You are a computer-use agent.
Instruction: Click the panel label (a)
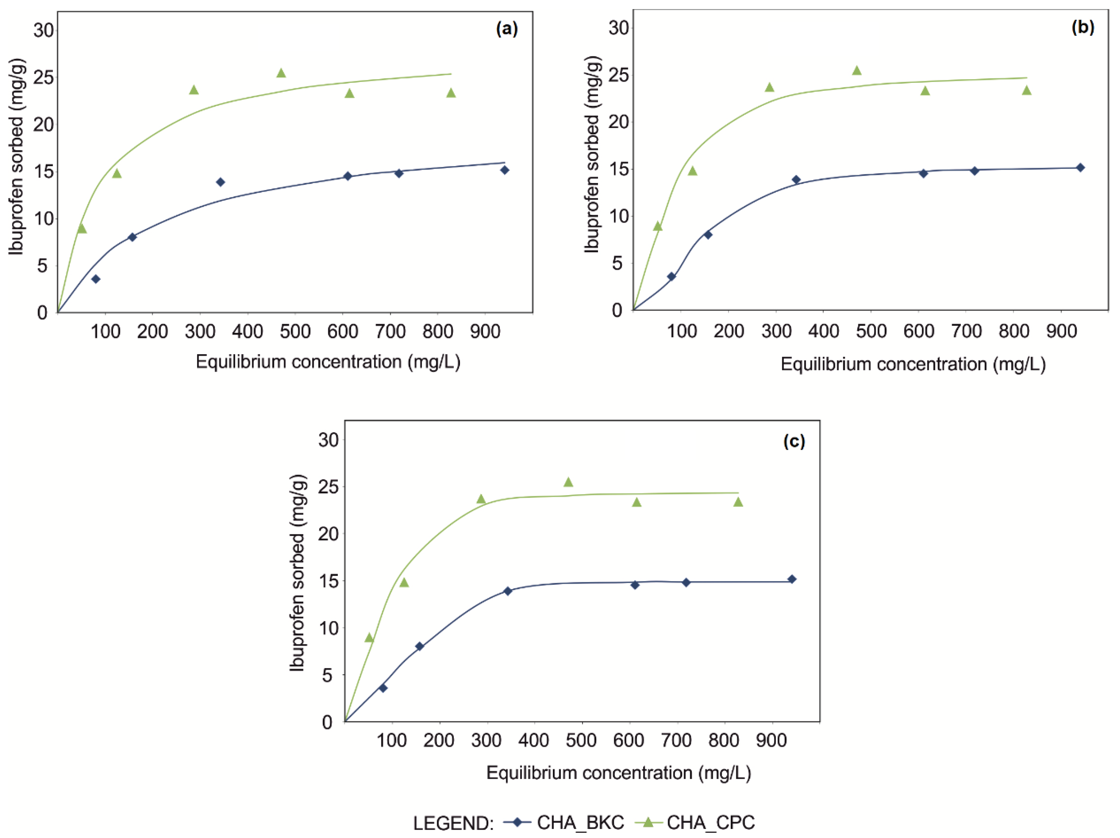pos(507,29)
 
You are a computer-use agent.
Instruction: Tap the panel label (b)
pos(1083,27)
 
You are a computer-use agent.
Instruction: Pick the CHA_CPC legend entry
pos(699,822)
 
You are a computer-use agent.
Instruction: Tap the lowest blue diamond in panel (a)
pos(96,279)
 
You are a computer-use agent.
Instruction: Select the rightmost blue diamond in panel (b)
pos(1080,168)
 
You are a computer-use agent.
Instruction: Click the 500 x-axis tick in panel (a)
pos(295,332)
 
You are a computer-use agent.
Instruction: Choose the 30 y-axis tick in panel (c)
pos(328,440)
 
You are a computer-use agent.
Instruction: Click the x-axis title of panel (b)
pos(913,364)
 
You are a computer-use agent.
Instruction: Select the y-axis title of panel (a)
pos(17,157)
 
